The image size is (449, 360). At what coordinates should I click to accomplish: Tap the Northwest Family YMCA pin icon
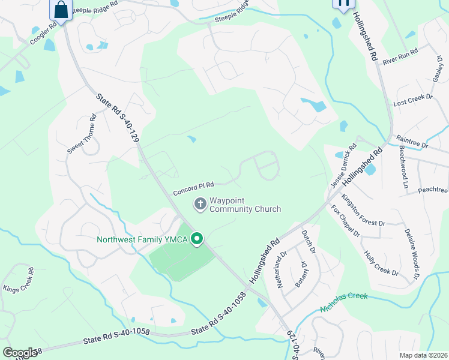click(x=196, y=240)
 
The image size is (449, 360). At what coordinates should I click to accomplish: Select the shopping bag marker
click(x=61, y=9)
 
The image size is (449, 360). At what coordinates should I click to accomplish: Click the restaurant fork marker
click(x=343, y=4)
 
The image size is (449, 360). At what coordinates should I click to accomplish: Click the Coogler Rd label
click(x=43, y=32)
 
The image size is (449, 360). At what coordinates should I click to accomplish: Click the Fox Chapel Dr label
click(x=345, y=220)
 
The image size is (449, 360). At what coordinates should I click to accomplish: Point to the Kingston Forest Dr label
click(x=363, y=209)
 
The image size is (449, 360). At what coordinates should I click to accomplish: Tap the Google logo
click(x=19, y=353)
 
